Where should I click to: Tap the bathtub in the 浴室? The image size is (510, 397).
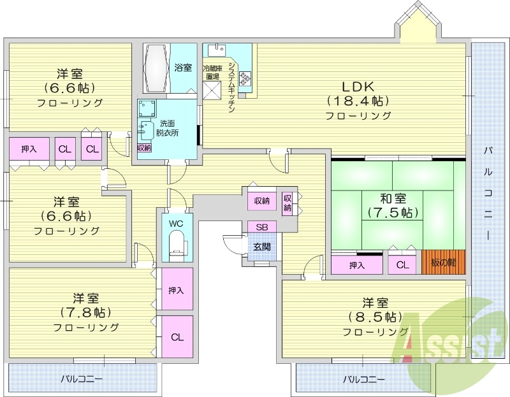[156, 68]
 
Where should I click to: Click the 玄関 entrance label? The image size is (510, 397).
[261, 247]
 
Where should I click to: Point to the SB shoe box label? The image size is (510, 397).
[262, 227]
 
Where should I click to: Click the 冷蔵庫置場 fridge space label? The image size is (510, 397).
[212, 72]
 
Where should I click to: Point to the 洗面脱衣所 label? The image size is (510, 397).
[167, 128]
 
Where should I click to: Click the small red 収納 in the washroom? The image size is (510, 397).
[145, 147]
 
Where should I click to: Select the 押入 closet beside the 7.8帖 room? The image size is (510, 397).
[177, 290]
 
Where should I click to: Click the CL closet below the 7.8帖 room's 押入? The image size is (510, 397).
[177, 336]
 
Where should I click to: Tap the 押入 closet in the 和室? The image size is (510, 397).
[357, 265]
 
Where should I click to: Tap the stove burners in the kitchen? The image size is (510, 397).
[245, 79]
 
